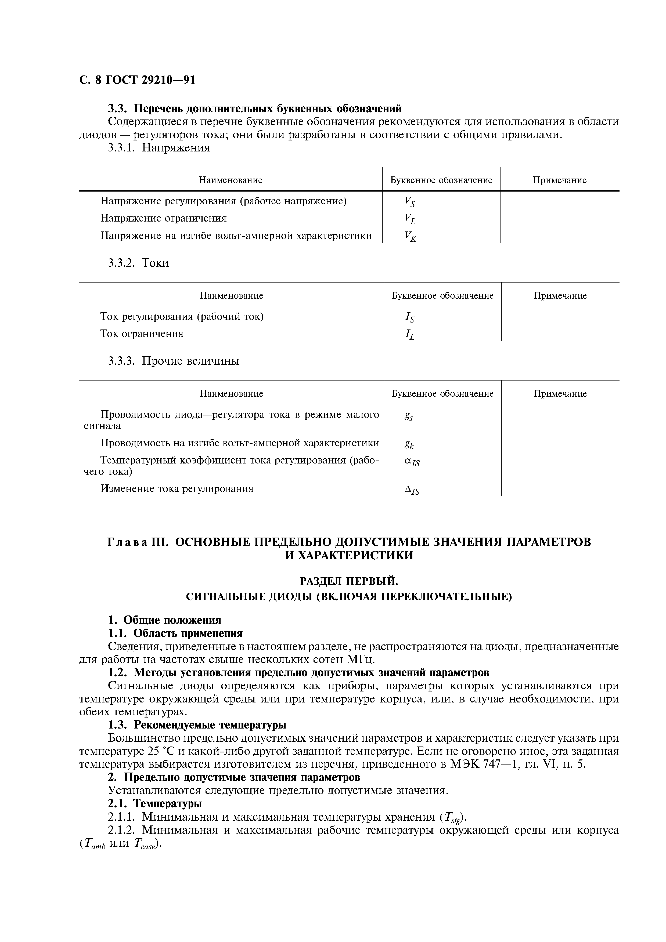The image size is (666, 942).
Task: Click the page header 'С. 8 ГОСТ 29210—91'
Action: point(137,80)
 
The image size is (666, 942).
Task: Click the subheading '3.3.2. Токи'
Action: point(138,263)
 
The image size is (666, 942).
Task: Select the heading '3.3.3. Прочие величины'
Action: point(174,361)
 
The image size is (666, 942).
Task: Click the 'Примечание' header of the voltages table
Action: point(560,180)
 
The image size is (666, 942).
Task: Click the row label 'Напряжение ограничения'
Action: point(163,218)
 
